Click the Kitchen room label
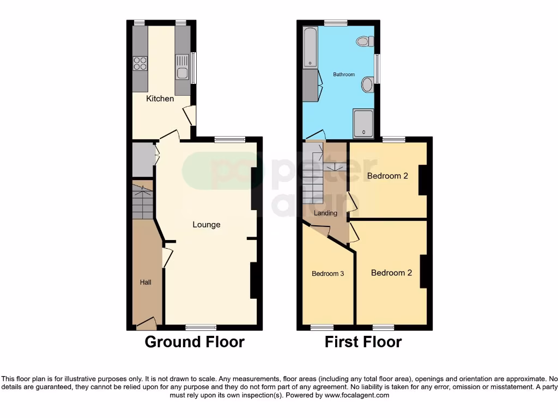160,99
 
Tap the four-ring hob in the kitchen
140,63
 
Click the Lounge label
206,224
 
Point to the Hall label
145,282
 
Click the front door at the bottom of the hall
146,325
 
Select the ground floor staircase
143,201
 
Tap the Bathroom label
344,75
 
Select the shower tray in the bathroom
363,122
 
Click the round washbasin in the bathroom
367,84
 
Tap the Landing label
325,213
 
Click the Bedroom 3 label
327,273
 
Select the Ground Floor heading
195,342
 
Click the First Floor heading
363,342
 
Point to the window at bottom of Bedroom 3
322,328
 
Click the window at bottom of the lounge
201,328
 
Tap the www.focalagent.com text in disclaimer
356,395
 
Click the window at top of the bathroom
336,23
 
